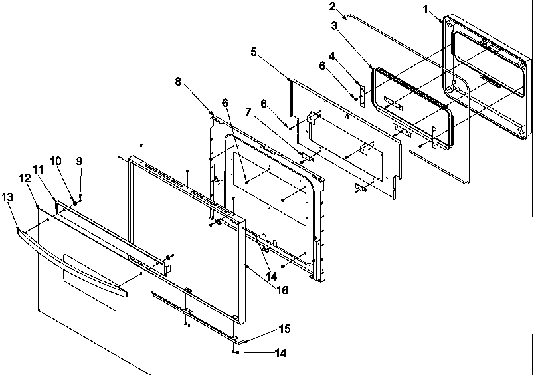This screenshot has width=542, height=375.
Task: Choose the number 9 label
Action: tap(79, 160)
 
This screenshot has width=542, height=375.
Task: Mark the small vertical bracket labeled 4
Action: tap(361, 94)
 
